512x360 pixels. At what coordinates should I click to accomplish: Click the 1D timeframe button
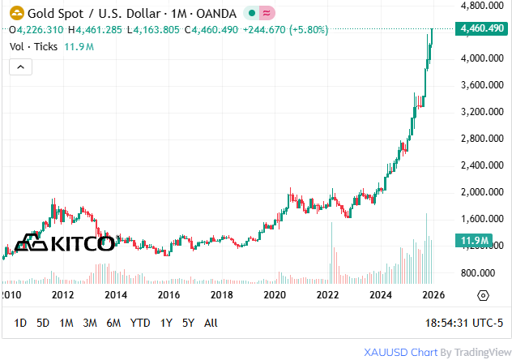[x=20, y=323]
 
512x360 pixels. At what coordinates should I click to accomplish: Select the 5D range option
[x=43, y=323]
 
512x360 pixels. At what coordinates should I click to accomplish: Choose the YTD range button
[x=140, y=323]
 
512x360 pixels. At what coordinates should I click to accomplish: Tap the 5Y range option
[x=188, y=323]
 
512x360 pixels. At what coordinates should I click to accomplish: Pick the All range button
[x=211, y=323]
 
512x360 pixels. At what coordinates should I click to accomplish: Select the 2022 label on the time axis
[x=327, y=295]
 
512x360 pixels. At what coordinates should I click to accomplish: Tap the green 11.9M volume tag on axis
[x=474, y=241]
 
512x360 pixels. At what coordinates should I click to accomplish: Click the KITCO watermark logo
[x=66, y=242]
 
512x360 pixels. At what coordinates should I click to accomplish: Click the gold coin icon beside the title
[x=15, y=13]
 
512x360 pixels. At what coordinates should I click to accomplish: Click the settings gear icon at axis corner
[x=484, y=295]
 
